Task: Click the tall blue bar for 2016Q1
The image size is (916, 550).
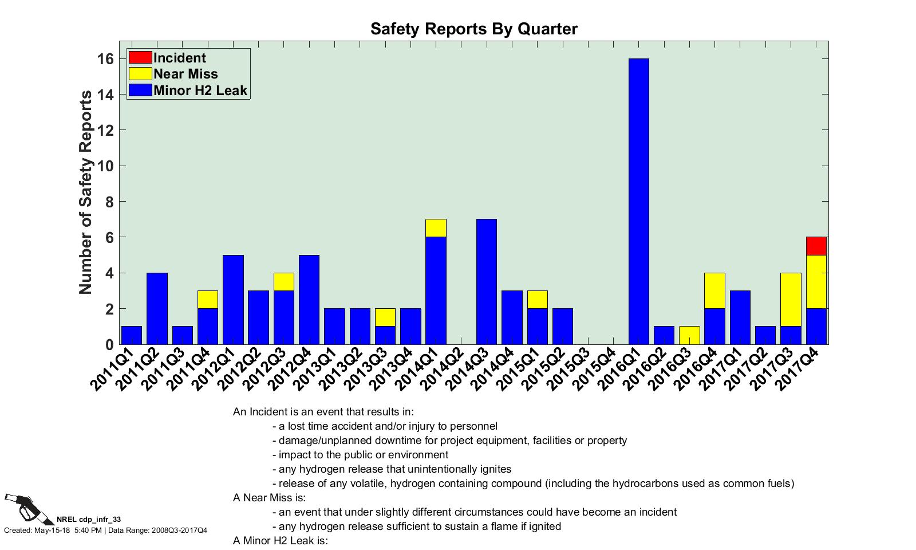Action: pyautogui.click(x=638, y=201)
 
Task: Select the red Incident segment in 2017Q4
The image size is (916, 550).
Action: pyautogui.click(x=816, y=246)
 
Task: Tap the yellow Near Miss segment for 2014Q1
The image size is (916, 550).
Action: pyautogui.click(x=436, y=228)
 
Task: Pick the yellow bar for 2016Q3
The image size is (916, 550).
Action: pyautogui.click(x=689, y=335)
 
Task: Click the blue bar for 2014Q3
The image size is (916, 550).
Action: pyautogui.click(x=487, y=281)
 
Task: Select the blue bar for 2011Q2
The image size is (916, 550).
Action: pyautogui.click(x=157, y=308)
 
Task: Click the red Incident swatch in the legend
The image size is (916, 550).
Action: pyautogui.click(x=140, y=57)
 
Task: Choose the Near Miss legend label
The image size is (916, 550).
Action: pyautogui.click(x=185, y=74)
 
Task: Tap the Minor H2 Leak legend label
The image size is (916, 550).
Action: pyautogui.click(x=200, y=90)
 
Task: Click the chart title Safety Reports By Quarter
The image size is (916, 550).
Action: pyautogui.click(x=474, y=29)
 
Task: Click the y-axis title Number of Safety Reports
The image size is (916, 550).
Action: pyautogui.click(x=85, y=192)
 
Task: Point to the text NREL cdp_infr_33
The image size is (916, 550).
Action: pyautogui.click(x=89, y=520)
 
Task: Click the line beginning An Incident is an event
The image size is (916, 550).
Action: pyautogui.click(x=323, y=412)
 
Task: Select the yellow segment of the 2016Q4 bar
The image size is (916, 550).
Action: pyautogui.click(x=714, y=290)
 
